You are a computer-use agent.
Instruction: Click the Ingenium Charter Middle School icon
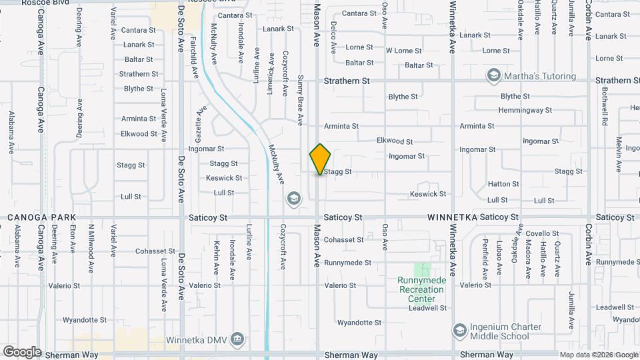click(x=459, y=331)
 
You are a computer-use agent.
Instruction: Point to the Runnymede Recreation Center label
click(x=421, y=290)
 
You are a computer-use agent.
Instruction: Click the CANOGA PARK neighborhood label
click(x=41, y=217)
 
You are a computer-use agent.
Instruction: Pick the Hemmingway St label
click(x=525, y=110)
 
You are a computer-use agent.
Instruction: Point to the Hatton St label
click(x=503, y=184)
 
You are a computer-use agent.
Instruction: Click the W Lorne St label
click(x=404, y=51)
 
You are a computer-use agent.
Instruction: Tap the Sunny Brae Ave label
click(x=300, y=101)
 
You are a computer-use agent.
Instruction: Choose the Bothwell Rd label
click(x=605, y=107)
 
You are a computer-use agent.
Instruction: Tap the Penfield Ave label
click(x=485, y=257)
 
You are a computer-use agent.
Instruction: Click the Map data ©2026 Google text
click(x=599, y=355)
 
